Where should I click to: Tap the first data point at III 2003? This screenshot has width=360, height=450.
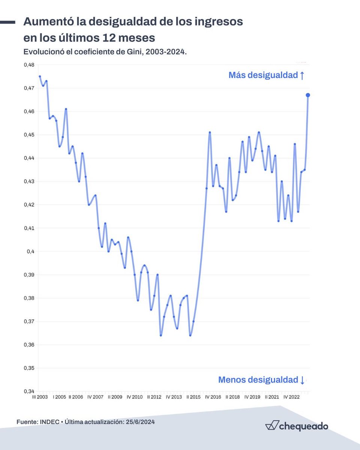[40, 76]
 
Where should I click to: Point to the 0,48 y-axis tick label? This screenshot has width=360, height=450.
[28, 65]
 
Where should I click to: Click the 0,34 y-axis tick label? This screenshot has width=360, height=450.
[28, 391]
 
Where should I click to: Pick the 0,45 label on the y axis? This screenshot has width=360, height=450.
[28, 135]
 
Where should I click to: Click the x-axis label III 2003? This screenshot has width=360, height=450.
[40, 397]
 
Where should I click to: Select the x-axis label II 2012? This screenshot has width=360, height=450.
[154, 397]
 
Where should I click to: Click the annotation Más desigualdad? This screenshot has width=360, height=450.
[266, 75]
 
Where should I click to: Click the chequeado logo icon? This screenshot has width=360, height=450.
[271, 426]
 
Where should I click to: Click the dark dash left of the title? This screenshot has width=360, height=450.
[7, 22]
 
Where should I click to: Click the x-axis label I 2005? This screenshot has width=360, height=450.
[59, 397]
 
